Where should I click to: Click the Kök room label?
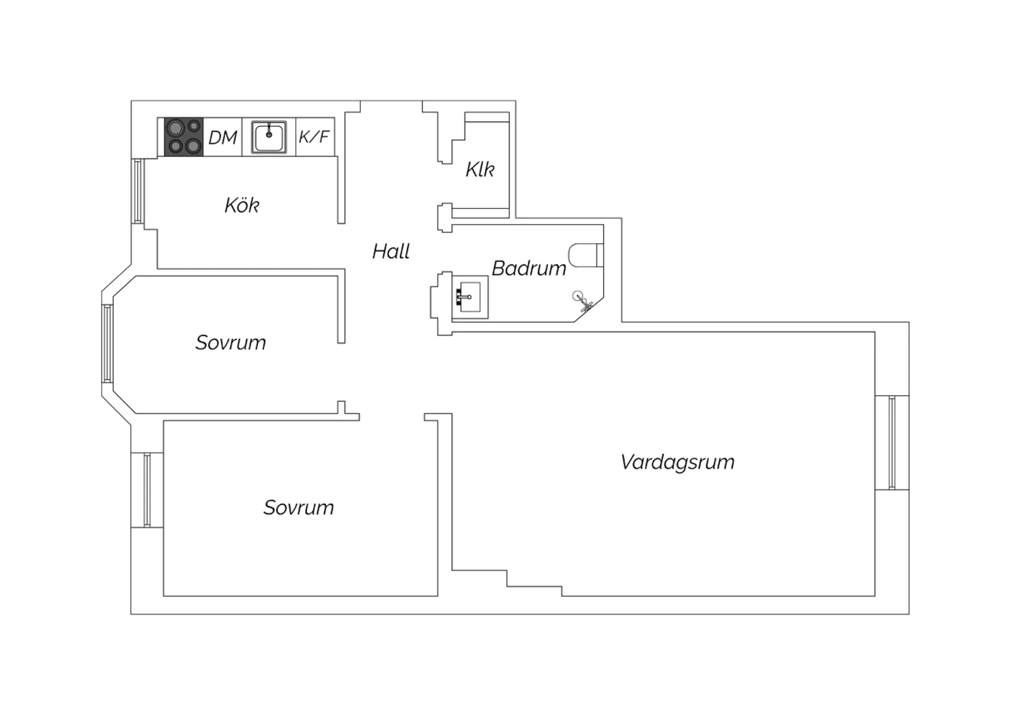tap(242, 205)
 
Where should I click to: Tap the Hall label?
tap(391, 251)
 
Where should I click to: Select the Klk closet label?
tap(479, 169)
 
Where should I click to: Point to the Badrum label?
tap(529, 268)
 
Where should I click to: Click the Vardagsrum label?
tap(677, 463)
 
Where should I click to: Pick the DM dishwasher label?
tap(223, 137)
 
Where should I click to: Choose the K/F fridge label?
tap(314, 136)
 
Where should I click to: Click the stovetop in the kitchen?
tap(184, 137)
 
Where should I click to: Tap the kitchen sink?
tap(269, 137)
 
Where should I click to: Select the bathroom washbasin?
tap(470, 297)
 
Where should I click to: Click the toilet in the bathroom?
tap(586, 255)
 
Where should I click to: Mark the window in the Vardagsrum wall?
tap(892, 442)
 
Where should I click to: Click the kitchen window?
tap(138, 191)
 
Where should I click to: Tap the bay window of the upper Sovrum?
tap(107, 344)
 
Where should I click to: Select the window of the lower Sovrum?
tap(147, 490)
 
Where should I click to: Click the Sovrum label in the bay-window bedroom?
tap(230, 343)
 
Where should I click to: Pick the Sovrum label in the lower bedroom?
tap(298, 508)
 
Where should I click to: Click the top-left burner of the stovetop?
tap(175, 128)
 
